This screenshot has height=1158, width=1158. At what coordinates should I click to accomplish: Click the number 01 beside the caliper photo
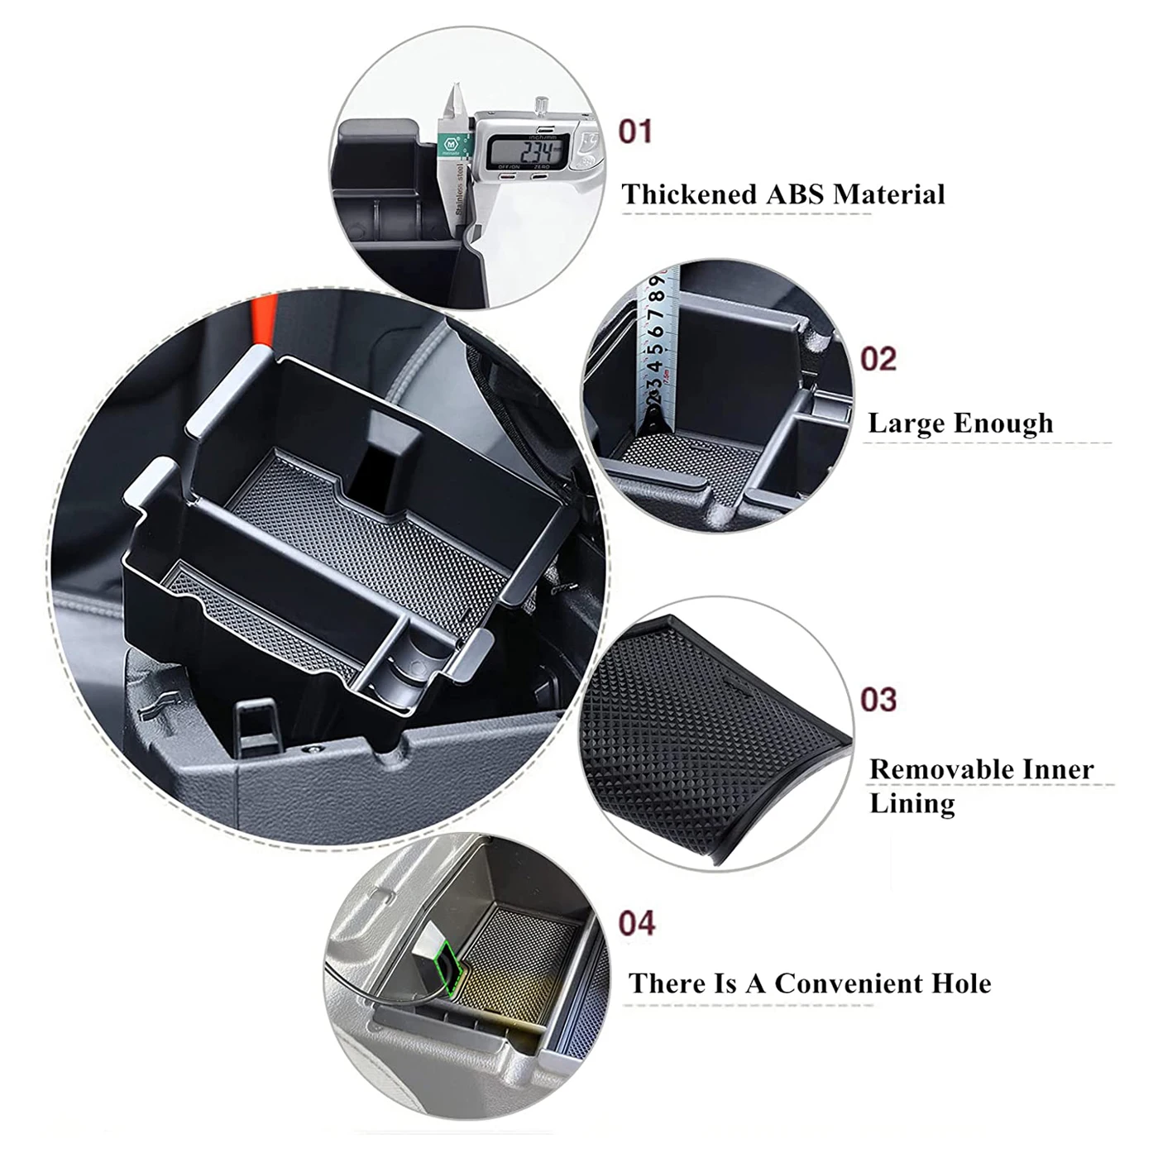[x=635, y=132]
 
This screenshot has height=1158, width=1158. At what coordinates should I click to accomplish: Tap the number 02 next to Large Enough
[x=878, y=359]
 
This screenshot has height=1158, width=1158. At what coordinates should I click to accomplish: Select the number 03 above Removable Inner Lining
[x=878, y=700]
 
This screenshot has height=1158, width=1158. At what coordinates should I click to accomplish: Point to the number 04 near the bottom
[x=637, y=922]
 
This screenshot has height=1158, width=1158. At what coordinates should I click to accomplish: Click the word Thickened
[x=689, y=194]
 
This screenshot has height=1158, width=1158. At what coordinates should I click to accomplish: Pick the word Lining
[x=912, y=803]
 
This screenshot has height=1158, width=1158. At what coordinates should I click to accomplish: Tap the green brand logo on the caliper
[x=451, y=142]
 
